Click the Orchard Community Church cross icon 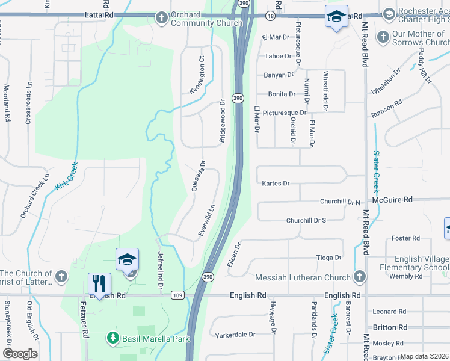click(162, 18)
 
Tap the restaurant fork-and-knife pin click(99, 283)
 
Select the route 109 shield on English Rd click(177, 295)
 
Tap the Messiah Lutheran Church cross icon click(360, 277)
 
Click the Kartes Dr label click(276, 184)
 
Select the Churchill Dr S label click(306, 221)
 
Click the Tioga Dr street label click(328, 258)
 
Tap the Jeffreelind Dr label click(161, 271)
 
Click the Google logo click(20, 354)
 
